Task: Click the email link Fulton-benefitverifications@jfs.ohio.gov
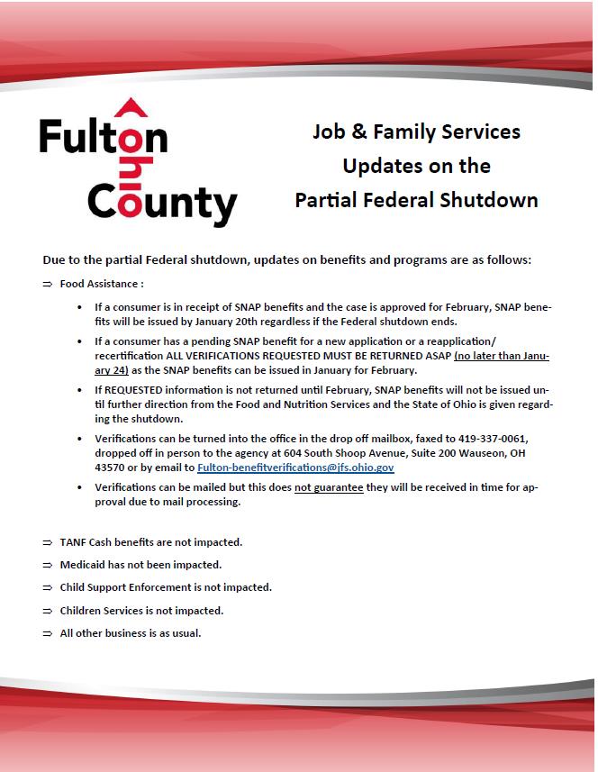point(295,468)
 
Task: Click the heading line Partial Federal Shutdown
point(416,200)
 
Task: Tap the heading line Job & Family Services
point(416,132)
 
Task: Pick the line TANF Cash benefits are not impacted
point(150,542)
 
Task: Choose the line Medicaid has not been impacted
point(140,565)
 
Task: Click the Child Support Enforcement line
point(166,587)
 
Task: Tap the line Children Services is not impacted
point(141,610)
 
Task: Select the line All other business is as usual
point(131,632)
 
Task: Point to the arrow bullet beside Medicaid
point(48,565)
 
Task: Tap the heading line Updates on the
point(416,166)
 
